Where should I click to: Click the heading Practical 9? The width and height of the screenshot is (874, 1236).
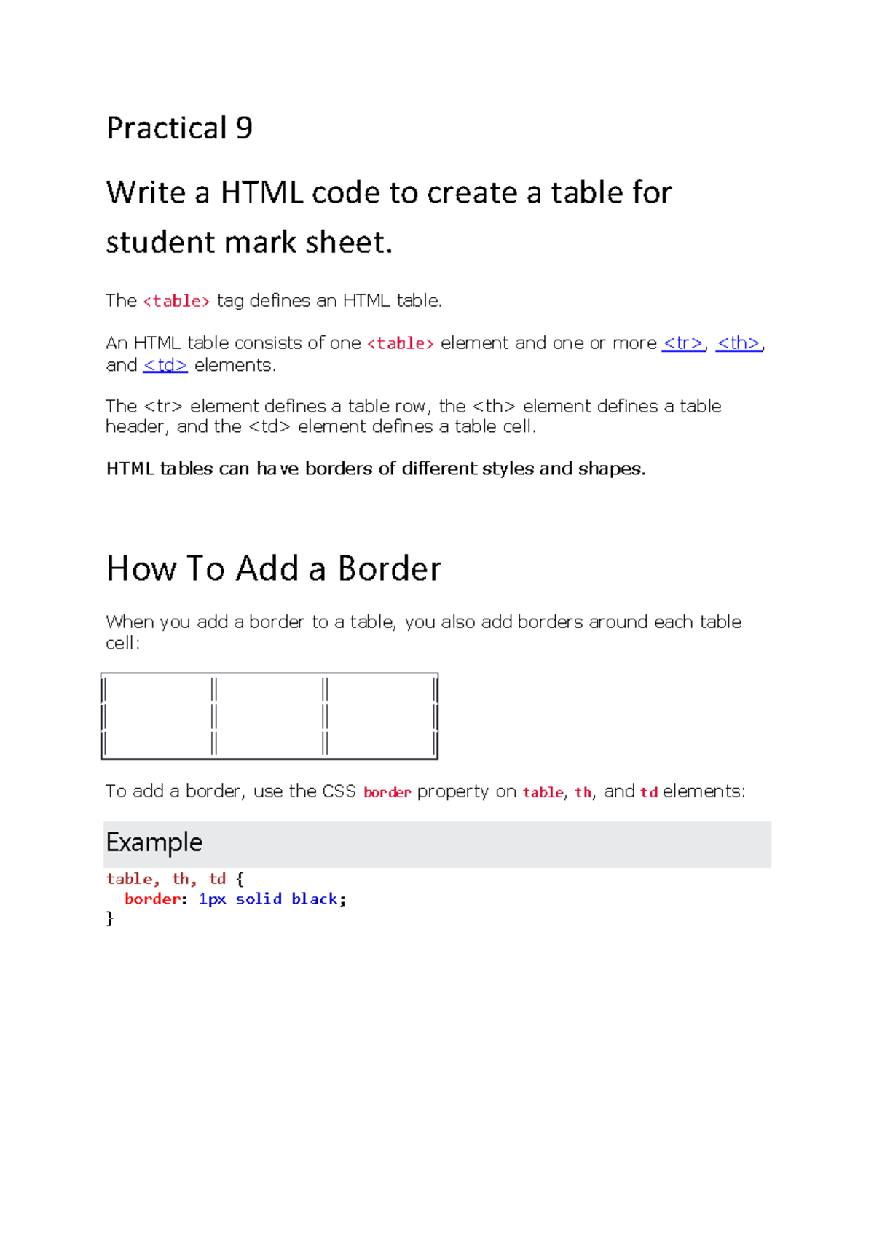tap(179, 128)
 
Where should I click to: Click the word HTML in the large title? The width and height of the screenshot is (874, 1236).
tap(261, 193)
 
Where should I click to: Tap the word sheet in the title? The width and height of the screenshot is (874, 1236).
tap(347, 243)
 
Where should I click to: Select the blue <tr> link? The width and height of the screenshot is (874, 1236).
tap(682, 343)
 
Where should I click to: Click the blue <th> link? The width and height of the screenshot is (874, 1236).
tap(739, 343)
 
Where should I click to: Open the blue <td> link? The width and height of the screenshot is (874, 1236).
tap(165, 365)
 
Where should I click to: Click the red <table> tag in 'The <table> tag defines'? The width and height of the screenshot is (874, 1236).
tap(176, 301)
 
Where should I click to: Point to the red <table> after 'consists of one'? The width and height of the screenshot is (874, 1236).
tap(401, 343)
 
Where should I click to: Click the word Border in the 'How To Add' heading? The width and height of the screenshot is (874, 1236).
tap(390, 569)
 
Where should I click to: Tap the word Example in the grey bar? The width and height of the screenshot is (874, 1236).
tap(154, 842)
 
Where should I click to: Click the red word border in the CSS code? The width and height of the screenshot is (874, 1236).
tap(151, 899)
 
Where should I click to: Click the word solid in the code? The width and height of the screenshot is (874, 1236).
tap(259, 899)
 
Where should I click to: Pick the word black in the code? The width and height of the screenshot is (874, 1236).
tap(315, 899)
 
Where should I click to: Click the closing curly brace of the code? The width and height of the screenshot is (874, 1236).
tap(110, 918)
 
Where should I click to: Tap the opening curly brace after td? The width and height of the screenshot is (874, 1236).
tap(240, 880)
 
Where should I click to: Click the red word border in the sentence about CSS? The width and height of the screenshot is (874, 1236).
tap(387, 792)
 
